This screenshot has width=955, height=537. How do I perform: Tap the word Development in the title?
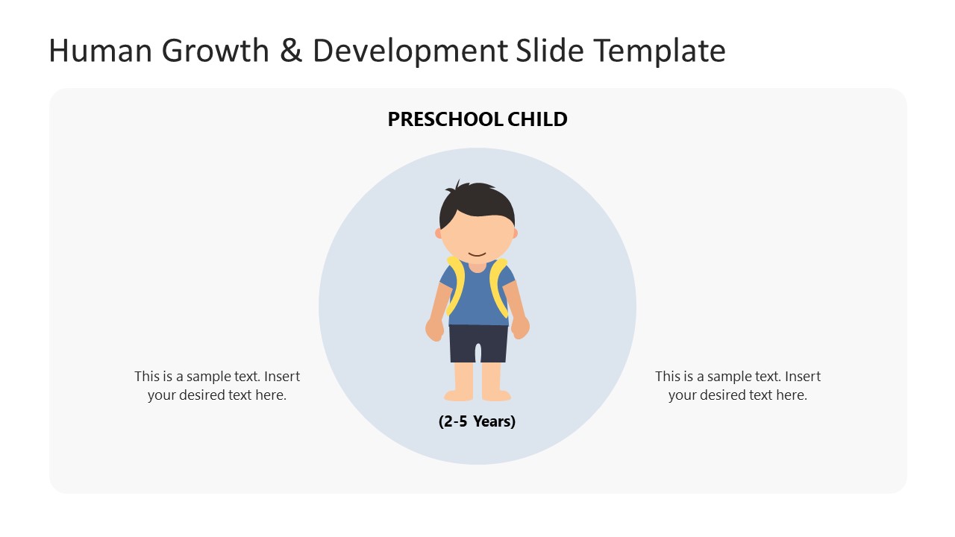pyautogui.click(x=410, y=51)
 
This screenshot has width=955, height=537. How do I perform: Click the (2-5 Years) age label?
pyautogui.click(x=477, y=421)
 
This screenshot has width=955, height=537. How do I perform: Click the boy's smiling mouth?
pyautogui.click(x=477, y=254)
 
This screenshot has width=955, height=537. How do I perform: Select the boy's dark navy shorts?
pyautogui.click(x=478, y=342)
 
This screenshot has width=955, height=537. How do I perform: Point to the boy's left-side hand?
pyautogui.click(x=434, y=329)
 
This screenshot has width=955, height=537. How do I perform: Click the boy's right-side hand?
pyautogui.click(x=521, y=327)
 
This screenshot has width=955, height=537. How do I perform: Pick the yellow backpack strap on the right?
pyautogui.click(x=498, y=283)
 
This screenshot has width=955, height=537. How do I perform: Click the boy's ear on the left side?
pyautogui.click(x=439, y=233)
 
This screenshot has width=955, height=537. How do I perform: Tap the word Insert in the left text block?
pyautogui.click(x=282, y=377)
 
